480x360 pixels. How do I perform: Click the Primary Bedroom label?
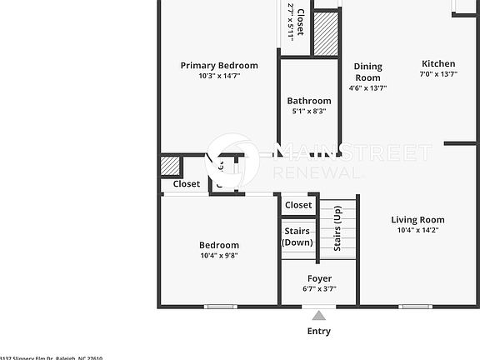[219, 65]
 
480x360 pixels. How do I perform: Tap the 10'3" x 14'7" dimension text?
[219, 76]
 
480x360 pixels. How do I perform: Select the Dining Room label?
[367, 72]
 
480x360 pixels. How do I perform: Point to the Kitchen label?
[438, 63]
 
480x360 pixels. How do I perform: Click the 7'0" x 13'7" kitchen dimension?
[438, 74]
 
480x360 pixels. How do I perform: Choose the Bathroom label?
[309, 101]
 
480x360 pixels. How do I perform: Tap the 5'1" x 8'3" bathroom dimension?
[309, 111]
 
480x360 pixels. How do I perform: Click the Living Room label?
[417, 220]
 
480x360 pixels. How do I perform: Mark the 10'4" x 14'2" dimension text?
[417, 230]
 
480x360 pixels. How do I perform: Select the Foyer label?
[319, 278]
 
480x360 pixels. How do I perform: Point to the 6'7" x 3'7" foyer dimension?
[319, 288]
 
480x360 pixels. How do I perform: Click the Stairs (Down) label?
[297, 237]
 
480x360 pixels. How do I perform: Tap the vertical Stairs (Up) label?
[337, 228]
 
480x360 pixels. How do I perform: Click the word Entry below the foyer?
[318, 331]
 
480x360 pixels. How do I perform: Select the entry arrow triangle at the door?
[318, 315]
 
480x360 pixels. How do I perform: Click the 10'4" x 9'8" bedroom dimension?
[219, 256]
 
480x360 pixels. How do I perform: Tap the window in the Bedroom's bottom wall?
[221, 307]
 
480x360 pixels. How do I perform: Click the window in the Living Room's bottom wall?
[415, 307]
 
